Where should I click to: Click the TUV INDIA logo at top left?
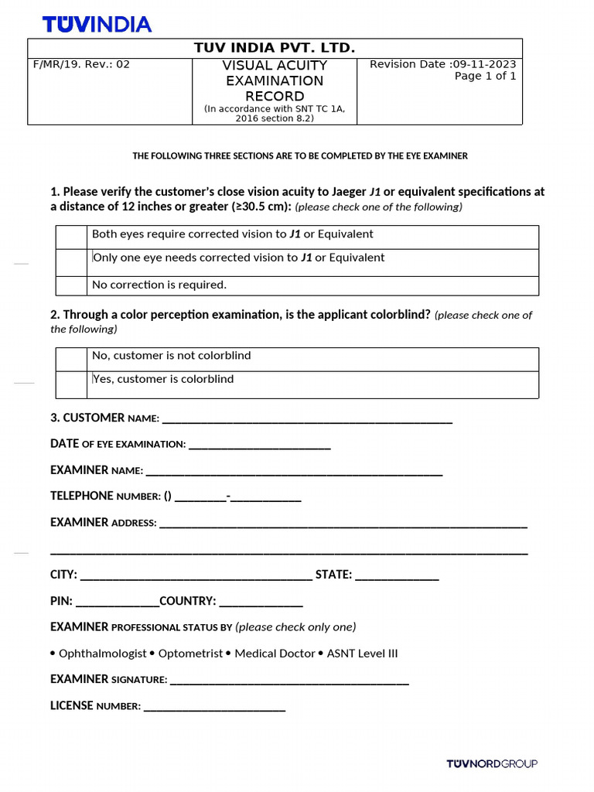97,24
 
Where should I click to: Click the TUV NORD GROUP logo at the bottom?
491,764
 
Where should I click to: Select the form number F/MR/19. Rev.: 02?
81,64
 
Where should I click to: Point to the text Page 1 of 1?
485,76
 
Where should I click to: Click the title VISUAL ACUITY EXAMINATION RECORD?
274,80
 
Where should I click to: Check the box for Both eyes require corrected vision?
71,237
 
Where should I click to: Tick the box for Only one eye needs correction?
71,262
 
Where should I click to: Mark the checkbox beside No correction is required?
71,285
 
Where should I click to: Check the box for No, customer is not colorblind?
71,359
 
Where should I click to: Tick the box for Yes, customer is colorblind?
71,384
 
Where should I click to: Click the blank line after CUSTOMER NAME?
307,420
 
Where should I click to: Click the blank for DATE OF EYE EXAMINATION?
259,446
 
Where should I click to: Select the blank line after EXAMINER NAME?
294,472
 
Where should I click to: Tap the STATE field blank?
397,577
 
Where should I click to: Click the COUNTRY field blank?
261,603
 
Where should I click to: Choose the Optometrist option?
190,654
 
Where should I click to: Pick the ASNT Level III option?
362,654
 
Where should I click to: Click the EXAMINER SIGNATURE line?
288,681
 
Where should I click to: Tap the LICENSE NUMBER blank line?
214,708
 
